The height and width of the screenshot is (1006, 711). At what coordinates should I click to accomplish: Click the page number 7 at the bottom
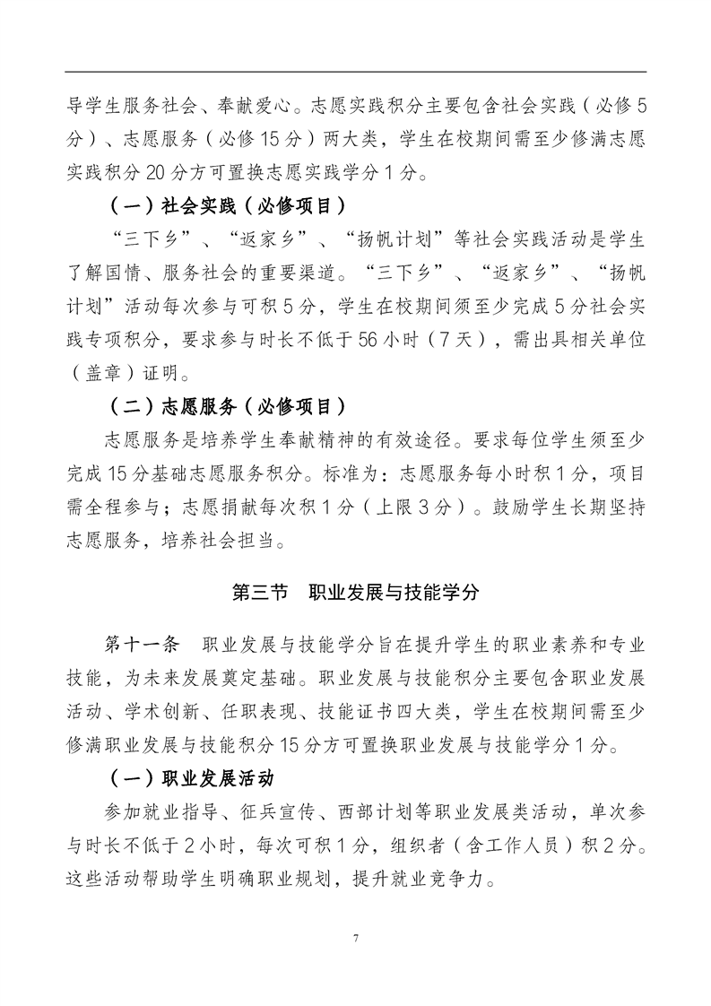pyautogui.click(x=356, y=939)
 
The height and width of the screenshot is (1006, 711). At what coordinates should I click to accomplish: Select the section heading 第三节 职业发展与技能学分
pyautogui.click(x=356, y=593)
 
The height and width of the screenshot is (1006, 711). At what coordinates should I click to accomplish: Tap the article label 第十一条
pyautogui.click(x=143, y=646)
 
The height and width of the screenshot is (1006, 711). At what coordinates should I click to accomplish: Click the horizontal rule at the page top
pyautogui.click(x=356, y=72)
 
